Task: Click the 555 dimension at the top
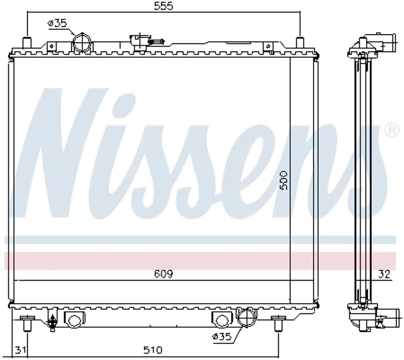pos(164,6)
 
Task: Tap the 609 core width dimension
pos(164,274)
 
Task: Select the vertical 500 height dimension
pos(283,181)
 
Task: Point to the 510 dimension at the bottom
pos(153,350)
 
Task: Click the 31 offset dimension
pos(20,350)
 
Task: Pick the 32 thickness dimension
pos(384,274)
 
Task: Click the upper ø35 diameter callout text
pos(57,23)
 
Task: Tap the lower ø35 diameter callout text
pos(222,336)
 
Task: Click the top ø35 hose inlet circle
pos(82,43)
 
